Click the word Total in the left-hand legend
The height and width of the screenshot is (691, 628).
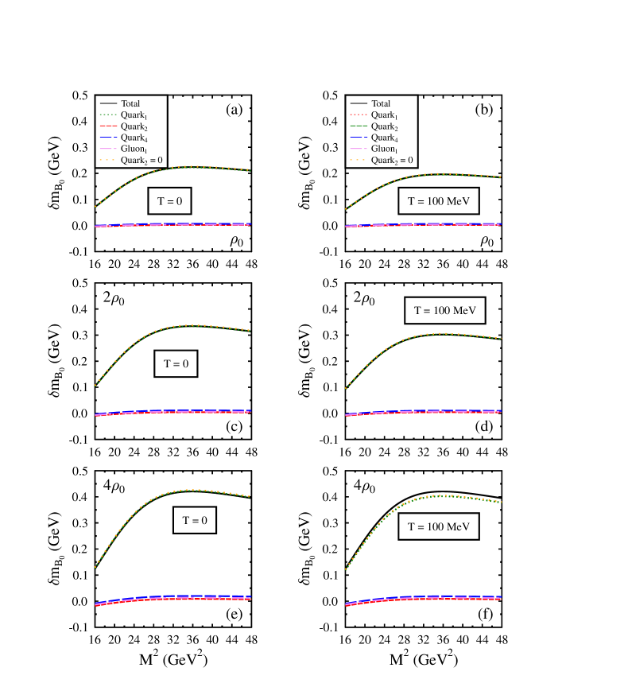(130, 103)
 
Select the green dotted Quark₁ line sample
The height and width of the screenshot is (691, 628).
(108, 115)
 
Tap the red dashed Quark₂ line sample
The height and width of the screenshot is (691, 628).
(108, 126)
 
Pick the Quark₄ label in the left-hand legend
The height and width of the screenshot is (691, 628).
(134, 138)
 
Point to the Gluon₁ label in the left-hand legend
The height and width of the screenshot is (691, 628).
(134, 149)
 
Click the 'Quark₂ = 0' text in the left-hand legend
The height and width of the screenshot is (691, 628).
(142, 161)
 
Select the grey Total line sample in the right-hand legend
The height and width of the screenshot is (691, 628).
(359, 103)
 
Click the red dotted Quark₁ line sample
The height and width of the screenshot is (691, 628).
(359, 115)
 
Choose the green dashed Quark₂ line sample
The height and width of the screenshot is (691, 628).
(359, 126)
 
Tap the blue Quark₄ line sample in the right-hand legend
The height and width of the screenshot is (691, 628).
(359, 138)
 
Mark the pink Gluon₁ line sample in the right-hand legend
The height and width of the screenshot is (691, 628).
(359, 149)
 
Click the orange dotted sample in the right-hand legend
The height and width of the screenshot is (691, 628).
(359, 160)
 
